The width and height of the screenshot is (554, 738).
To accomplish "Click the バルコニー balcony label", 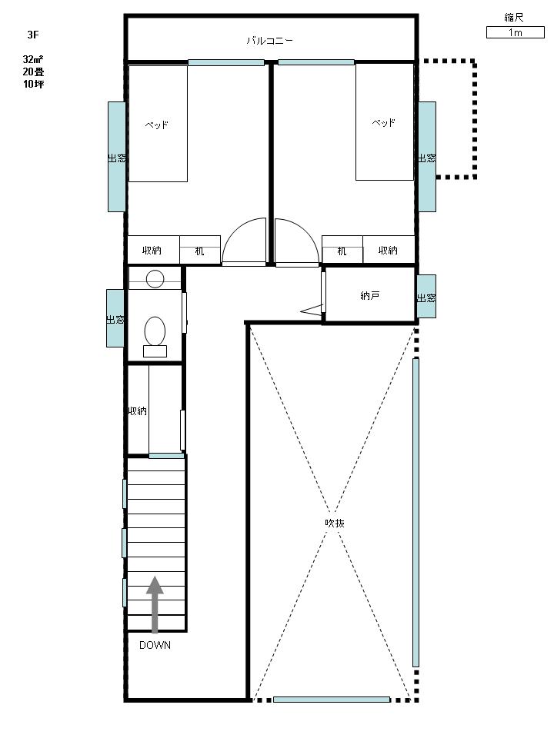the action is click(x=269, y=41).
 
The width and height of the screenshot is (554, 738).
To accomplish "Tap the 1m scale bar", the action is click(x=515, y=32).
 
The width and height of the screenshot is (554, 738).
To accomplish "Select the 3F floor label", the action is click(x=33, y=35).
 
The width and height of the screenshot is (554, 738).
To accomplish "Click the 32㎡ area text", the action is click(x=33, y=59).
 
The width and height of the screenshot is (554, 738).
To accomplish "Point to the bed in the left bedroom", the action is click(x=158, y=123).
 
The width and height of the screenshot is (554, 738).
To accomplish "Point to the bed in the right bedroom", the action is click(x=385, y=121).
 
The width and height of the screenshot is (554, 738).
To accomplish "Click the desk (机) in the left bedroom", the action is click(x=200, y=250).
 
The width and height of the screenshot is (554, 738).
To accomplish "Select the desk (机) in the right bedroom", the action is click(x=342, y=250).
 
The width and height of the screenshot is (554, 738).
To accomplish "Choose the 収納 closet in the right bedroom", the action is click(x=388, y=250).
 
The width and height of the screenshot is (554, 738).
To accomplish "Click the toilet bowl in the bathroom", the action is click(x=155, y=331).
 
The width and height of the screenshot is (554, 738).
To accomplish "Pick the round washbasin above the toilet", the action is click(x=155, y=279).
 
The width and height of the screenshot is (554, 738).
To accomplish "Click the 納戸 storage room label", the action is click(x=370, y=295).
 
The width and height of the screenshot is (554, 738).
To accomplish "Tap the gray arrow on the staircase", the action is click(x=155, y=604).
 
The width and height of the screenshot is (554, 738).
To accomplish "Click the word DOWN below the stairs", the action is click(x=155, y=645).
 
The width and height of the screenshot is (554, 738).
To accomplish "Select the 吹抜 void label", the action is click(x=335, y=523).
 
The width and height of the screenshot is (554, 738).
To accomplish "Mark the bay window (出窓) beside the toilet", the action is click(x=115, y=318).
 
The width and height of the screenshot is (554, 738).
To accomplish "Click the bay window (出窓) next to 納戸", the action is click(x=426, y=297).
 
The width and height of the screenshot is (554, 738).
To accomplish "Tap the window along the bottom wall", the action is click(x=332, y=700).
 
